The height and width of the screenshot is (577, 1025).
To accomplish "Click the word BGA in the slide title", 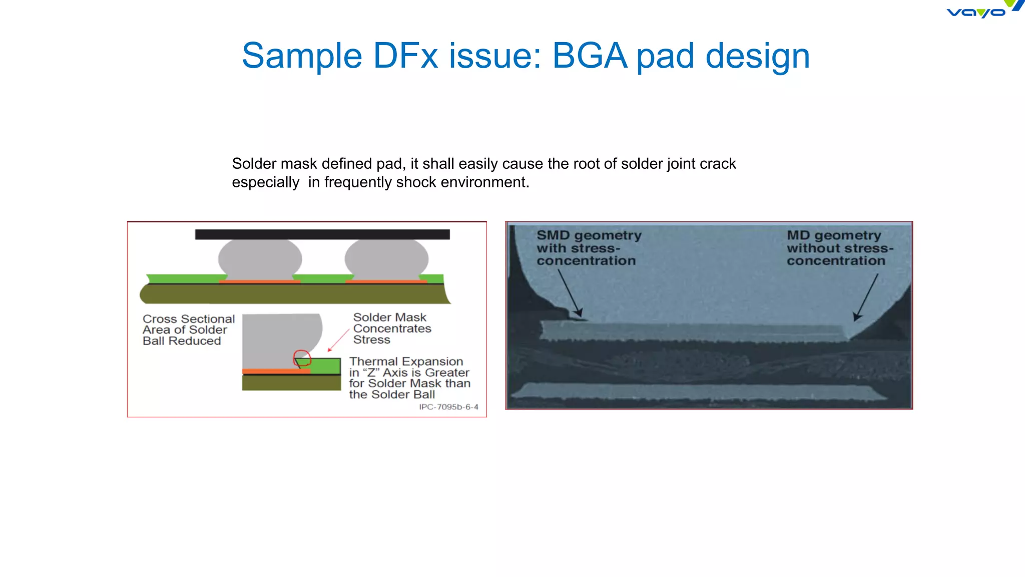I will [x=590, y=56].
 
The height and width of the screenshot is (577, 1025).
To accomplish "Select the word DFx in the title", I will [x=405, y=56].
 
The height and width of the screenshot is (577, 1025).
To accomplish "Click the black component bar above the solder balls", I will [x=322, y=234].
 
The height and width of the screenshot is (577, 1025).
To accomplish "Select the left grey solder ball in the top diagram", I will [x=260, y=259].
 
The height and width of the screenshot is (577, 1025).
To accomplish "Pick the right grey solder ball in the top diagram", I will [x=386, y=259].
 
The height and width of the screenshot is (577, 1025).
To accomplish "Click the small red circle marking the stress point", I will [x=302, y=358].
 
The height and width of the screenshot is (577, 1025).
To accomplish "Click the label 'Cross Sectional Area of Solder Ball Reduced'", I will [x=188, y=330].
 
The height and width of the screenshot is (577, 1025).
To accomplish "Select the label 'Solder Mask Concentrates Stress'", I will [x=392, y=329].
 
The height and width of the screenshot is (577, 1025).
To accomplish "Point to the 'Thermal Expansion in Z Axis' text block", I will [x=409, y=378].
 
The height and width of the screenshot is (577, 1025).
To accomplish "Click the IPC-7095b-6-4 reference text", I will [x=448, y=407].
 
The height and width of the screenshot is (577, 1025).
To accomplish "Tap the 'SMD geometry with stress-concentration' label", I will [x=589, y=248].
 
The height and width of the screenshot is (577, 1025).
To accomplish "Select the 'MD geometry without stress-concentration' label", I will [x=839, y=248].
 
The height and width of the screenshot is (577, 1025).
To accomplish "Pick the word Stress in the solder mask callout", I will [x=371, y=340].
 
